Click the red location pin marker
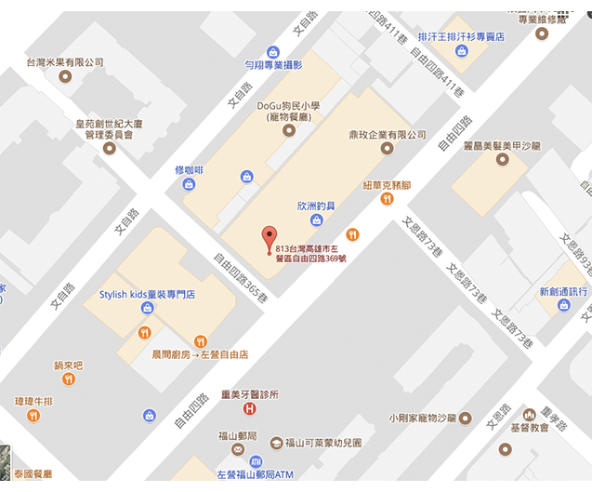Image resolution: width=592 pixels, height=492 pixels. [270, 235]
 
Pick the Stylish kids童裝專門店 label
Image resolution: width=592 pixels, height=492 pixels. [147, 295]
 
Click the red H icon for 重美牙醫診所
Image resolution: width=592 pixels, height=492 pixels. [249, 409]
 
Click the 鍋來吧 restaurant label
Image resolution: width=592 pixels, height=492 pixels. [68, 366]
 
